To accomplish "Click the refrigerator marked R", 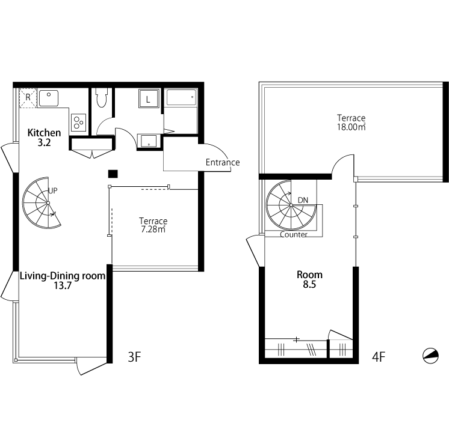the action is pyautogui.click(x=28, y=98).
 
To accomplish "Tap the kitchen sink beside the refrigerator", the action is pyautogui.click(x=49, y=98).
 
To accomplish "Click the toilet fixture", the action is pyautogui.click(x=101, y=97).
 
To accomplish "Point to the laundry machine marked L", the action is pyautogui.click(x=148, y=99).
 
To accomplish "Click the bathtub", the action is pyautogui.click(x=182, y=97).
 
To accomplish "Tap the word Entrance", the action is pyautogui.click(x=223, y=162).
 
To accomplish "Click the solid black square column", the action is pyautogui.click(x=113, y=174).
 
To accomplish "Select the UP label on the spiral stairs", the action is pyautogui.click(x=53, y=190).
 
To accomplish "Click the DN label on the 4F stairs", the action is pyautogui.click(x=303, y=200).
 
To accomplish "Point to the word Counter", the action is pyautogui.click(x=294, y=235).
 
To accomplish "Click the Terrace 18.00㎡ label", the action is pyautogui.click(x=351, y=123).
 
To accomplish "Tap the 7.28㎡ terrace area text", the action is pyautogui.click(x=153, y=230).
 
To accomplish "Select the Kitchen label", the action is pyautogui.click(x=44, y=133).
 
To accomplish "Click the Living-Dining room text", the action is pyautogui.click(x=63, y=276).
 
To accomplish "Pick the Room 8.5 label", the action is pyautogui.click(x=309, y=279).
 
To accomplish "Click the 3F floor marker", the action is pyautogui.click(x=134, y=357).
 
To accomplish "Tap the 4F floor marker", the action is pyautogui.click(x=379, y=357).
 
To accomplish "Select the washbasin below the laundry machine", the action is pyautogui.click(x=148, y=141).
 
